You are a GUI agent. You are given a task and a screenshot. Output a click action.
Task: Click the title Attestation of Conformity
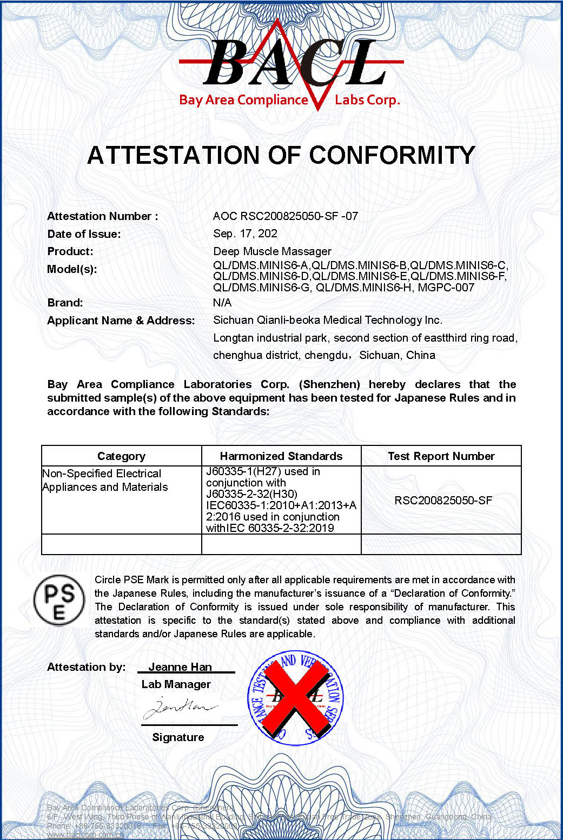pyautogui.click(x=281, y=156)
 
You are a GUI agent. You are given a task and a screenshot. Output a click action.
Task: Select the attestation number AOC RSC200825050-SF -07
pyautogui.click(x=285, y=216)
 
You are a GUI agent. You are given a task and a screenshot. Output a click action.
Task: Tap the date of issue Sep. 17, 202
pyautogui.click(x=245, y=234)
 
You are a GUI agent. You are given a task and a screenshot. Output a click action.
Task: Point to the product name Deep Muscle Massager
pyautogui.click(x=272, y=251)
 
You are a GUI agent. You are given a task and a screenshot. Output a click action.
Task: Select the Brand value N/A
pyautogui.click(x=222, y=303)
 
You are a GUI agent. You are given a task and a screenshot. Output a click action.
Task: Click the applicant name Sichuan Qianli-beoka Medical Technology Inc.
pyautogui.click(x=327, y=320)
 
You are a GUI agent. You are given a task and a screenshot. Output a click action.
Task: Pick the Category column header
pyautogui.click(x=121, y=456)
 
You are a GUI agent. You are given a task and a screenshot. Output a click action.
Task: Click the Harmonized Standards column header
pyautogui.click(x=281, y=456)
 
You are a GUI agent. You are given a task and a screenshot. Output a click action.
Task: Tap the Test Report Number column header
pyautogui.click(x=441, y=456)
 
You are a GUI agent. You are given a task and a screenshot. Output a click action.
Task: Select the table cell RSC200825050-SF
pyautogui.click(x=443, y=501)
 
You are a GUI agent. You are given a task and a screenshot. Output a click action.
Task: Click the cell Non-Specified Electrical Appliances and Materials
pyautogui.click(x=105, y=481)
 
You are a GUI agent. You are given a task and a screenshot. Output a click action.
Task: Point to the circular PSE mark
pyautogui.click(x=59, y=600)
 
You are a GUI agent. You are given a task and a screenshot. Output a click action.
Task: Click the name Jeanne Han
pyautogui.click(x=180, y=667)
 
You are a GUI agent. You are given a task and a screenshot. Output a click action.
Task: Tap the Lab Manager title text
pyautogui.click(x=176, y=684)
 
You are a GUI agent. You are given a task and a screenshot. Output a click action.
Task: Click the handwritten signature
pyautogui.click(x=178, y=706)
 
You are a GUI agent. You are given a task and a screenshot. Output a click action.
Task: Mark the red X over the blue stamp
pyautogui.click(x=295, y=697)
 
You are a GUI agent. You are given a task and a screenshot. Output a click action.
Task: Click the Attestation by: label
pyautogui.click(x=86, y=667)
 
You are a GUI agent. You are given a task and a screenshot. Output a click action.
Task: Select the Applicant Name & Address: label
pyautogui.click(x=121, y=321)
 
